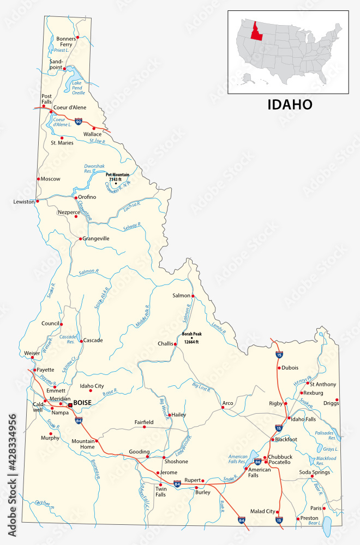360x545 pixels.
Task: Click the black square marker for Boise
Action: [70, 405]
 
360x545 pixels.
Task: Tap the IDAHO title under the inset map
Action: [290, 104]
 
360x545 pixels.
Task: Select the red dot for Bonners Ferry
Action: [77, 37]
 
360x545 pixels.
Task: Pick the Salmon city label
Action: [181, 295]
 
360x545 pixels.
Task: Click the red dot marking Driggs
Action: [337, 400]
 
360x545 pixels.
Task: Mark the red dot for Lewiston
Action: [38, 201]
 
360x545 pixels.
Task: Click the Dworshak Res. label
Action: [94, 168]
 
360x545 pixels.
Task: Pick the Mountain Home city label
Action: [83, 444]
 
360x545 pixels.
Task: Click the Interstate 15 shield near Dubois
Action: [279, 355]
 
